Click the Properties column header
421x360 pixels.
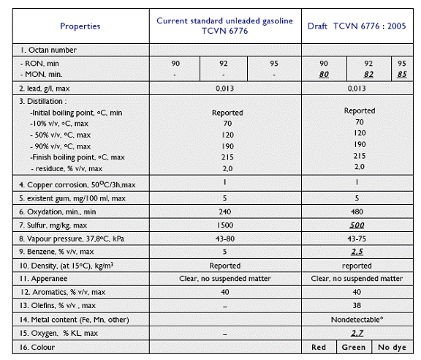pyautogui.click(x=80, y=26)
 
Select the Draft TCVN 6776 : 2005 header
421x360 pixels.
pyautogui.click(x=357, y=26)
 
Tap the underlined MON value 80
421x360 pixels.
pyautogui.click(x=324, y=74)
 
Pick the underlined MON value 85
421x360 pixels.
pyautogui.click(x=402, y=74)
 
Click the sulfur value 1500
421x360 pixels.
pyautogui.click(x=225, y=225)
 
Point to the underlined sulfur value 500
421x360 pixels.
pyautogui.click(x=357, y=225)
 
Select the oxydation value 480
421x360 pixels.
pyautogui.click(x=357, y=211)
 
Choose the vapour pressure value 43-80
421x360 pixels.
pyautogui.click(x=225, y=239)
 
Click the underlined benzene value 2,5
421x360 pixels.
pyautogui.click(x=357, y=252)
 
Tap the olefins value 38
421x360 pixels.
pyautogui.click(x=357, y=305)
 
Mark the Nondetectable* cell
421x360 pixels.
pyautogui.click(x=357, y=320)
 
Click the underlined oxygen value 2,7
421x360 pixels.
pyautogui.click(x=357, y=333)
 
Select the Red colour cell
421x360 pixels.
pyautogui.click(x=319, y=347)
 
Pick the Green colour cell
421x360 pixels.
pyautogui.click(x=353, y=347)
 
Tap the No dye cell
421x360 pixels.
pyautogui.click(x=392, y=348)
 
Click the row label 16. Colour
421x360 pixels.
pyautogui.click(x=37, y=347)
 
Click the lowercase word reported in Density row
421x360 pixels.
pyautogui.click(x=357, y=266)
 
